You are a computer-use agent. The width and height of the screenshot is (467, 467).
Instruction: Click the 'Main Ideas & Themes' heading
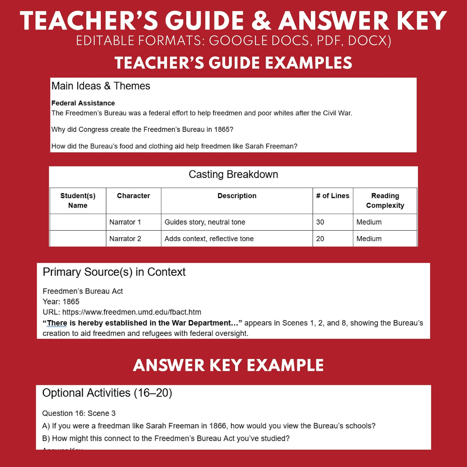(x=101, y=86)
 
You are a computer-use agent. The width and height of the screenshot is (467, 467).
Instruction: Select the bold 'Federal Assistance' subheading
(x=83, y=103)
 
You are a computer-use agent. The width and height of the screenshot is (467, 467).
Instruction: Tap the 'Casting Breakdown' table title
(x=233, y=175)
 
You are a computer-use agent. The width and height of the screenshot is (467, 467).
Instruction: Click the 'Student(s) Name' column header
(x=78, y=200)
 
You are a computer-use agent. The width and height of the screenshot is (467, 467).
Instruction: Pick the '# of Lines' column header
(x=333, y=196)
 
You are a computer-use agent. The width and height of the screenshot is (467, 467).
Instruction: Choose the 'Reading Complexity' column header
(x=385, y=200)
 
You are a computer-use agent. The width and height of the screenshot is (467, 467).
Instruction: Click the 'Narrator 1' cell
(x=125, y=222)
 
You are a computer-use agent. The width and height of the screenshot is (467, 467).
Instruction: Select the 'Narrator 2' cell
(x=125, y=239)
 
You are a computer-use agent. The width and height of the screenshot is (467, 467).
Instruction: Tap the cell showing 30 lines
(x=320, y=222)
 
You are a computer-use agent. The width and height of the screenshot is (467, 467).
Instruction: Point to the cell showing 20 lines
(x=320, y=239)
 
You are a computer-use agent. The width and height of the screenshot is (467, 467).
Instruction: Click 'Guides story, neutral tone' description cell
(x=205, y=222)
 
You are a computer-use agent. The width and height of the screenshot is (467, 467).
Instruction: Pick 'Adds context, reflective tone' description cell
(x=209, y=239)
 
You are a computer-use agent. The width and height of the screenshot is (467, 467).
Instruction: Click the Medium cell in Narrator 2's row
(x=369, y=239)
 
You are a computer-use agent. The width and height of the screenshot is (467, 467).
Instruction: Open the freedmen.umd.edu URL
(x=132, y=312)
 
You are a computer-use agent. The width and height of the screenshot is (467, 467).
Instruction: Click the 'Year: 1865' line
(x=61, y=302)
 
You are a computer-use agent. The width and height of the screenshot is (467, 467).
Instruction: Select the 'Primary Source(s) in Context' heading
(x=114, y=272)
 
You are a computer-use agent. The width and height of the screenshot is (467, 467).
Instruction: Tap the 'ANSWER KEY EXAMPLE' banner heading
(x=228, y=365)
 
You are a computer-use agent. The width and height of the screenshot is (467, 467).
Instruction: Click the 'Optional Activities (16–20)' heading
(x=107, y=393)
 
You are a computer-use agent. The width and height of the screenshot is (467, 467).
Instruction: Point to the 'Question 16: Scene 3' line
(x=79, y=413)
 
